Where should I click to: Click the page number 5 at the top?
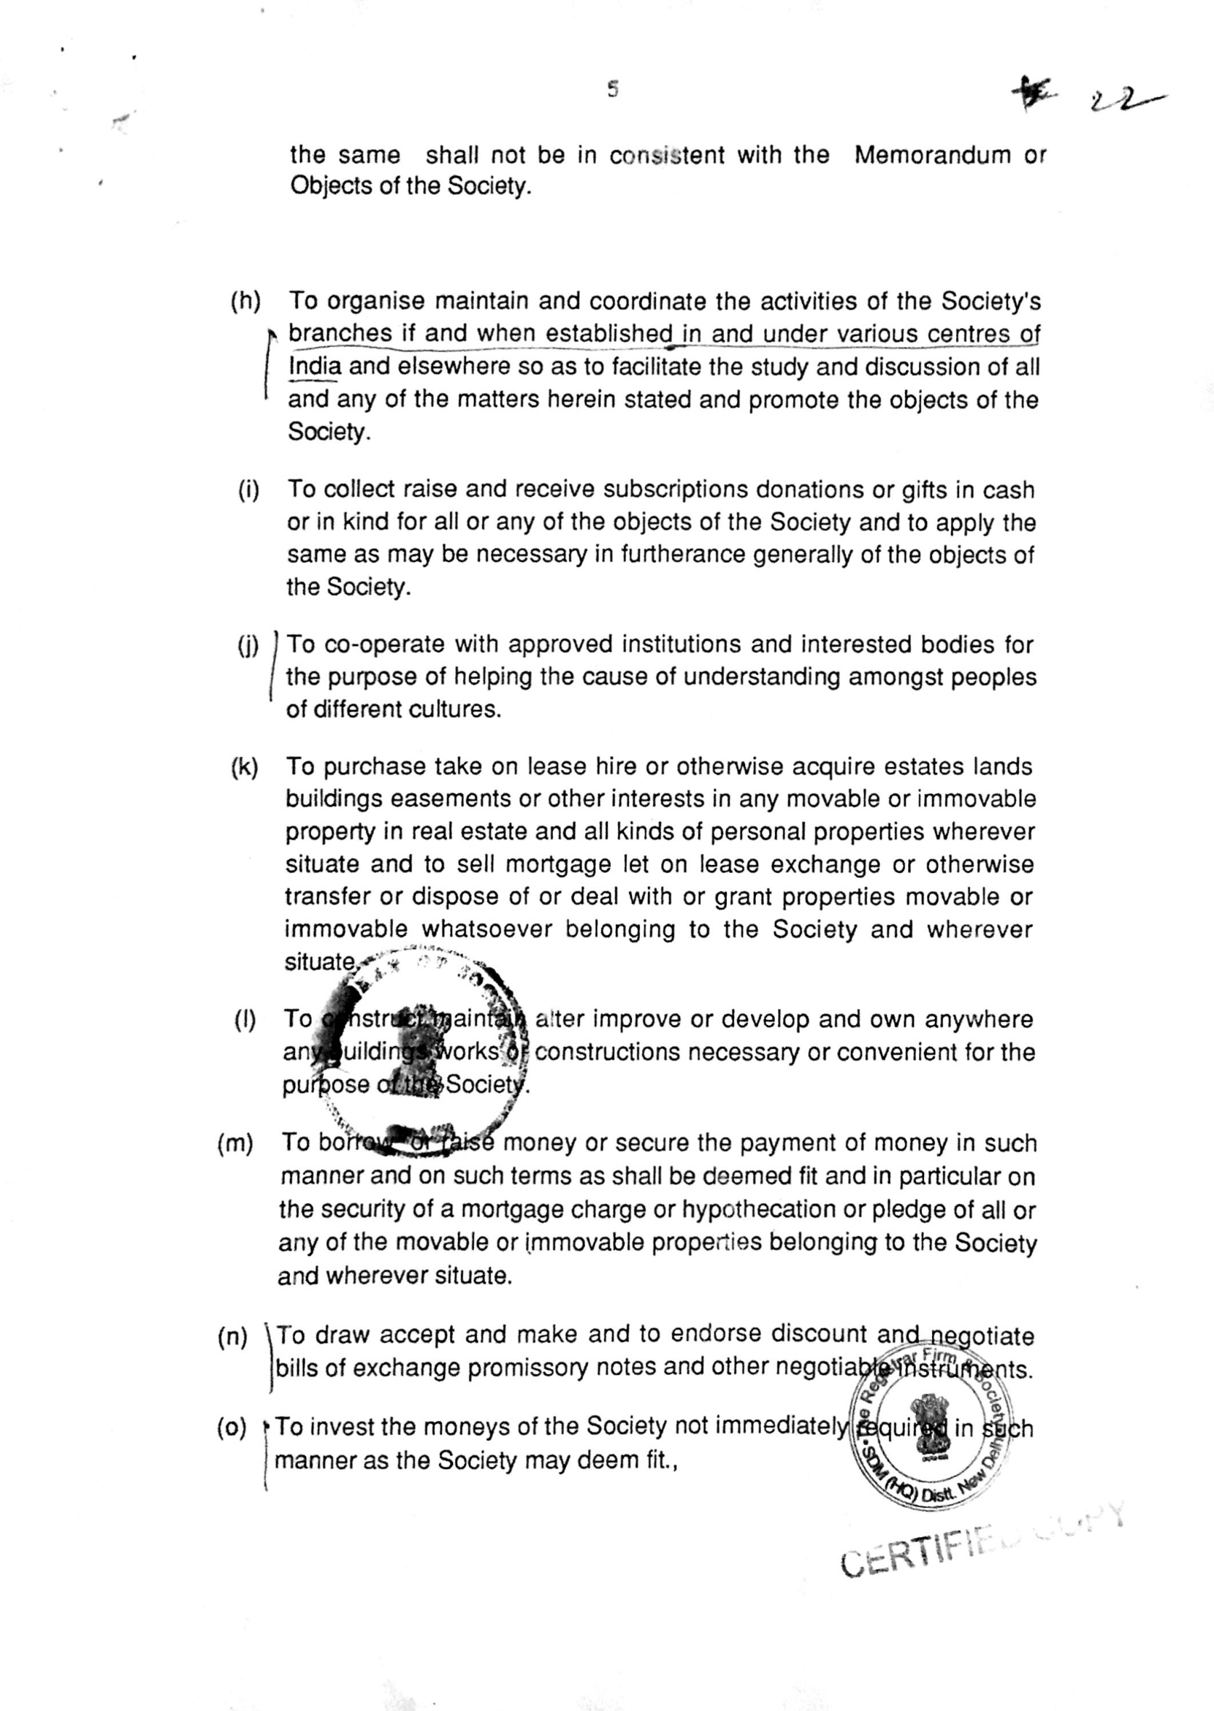click(613, 90)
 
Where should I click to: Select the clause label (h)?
click(245, 301)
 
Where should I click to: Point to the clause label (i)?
click(249, 490)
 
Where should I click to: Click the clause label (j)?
click(248, 644)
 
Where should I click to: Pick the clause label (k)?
click(245, 768)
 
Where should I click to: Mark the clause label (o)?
click(232, 1428)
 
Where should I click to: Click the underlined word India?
click(315, 367)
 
